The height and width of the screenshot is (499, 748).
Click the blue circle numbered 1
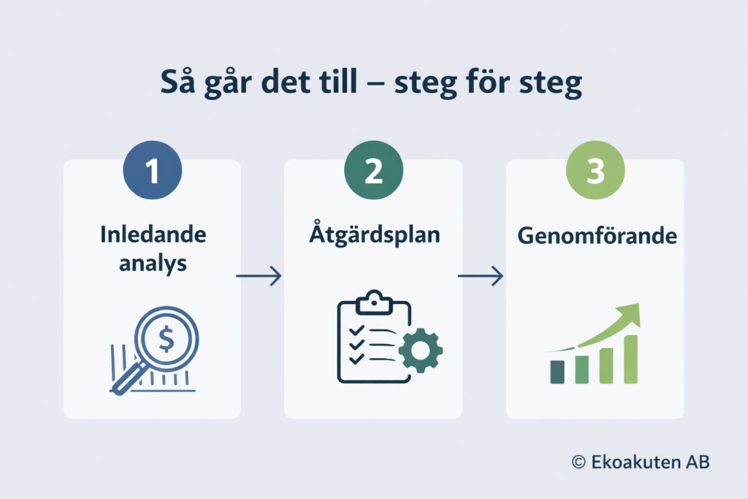pyautogui.click(x=152, y=172)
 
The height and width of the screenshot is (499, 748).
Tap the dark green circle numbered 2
pyautogui.click(x=373, y=172)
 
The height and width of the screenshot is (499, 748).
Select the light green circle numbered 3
pyautogui.click(x=595, y=172)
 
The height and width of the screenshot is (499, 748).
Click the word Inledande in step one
pyautogui.click(x=152, y=236)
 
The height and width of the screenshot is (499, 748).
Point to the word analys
pyautogui.click(x=153, y=263)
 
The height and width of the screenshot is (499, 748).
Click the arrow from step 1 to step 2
pyautogui.click(x=259, y=275)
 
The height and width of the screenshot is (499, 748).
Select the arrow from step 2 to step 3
pyautogui.click(x=481, y=275)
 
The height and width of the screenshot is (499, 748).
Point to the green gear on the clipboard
pyautogui.click(x=420, y=351)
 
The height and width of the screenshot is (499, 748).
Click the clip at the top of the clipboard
pyautogui.click(x=373, y=300)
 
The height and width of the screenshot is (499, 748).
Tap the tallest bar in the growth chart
pyautogui.click(x=630, y=359)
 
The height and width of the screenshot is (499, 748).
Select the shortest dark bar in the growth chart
pyautogui.click(x=557, y=371)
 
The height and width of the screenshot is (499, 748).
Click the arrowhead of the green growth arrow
pyautogui.click(x=632, y=313)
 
